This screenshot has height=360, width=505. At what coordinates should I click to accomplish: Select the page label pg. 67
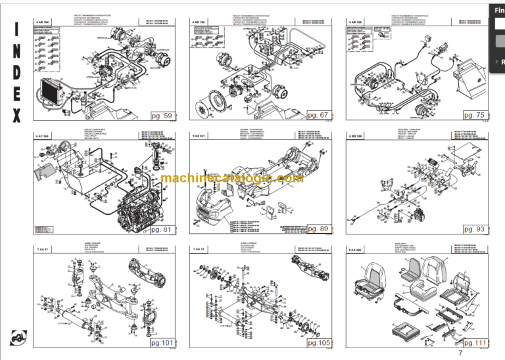pos(316,116)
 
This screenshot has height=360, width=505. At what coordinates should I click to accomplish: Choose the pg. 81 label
pos(161,230)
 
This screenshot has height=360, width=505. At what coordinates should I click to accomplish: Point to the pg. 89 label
pos(316,229)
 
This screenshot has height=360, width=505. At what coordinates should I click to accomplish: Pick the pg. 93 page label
pos(473,229)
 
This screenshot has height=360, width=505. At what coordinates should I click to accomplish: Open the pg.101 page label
pos(161,342)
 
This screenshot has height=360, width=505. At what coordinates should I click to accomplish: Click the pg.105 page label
pos(316,342)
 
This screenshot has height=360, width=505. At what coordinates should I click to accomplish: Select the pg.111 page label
pos(474,342)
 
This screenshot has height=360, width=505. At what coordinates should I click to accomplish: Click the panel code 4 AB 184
pos(43,22)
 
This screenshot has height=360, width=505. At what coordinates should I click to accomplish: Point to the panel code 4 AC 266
pos(43,135)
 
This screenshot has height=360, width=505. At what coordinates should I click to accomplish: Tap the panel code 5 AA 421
pos(199,135)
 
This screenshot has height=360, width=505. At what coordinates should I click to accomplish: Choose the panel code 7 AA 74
pos(198,249)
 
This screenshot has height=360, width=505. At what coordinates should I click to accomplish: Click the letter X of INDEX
pos(16,116)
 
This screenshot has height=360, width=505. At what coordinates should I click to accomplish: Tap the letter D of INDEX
pos(16,72)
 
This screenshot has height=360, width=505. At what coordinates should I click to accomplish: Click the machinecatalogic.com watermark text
pos(231,179)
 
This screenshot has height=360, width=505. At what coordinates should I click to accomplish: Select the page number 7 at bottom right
pos(460,354)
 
